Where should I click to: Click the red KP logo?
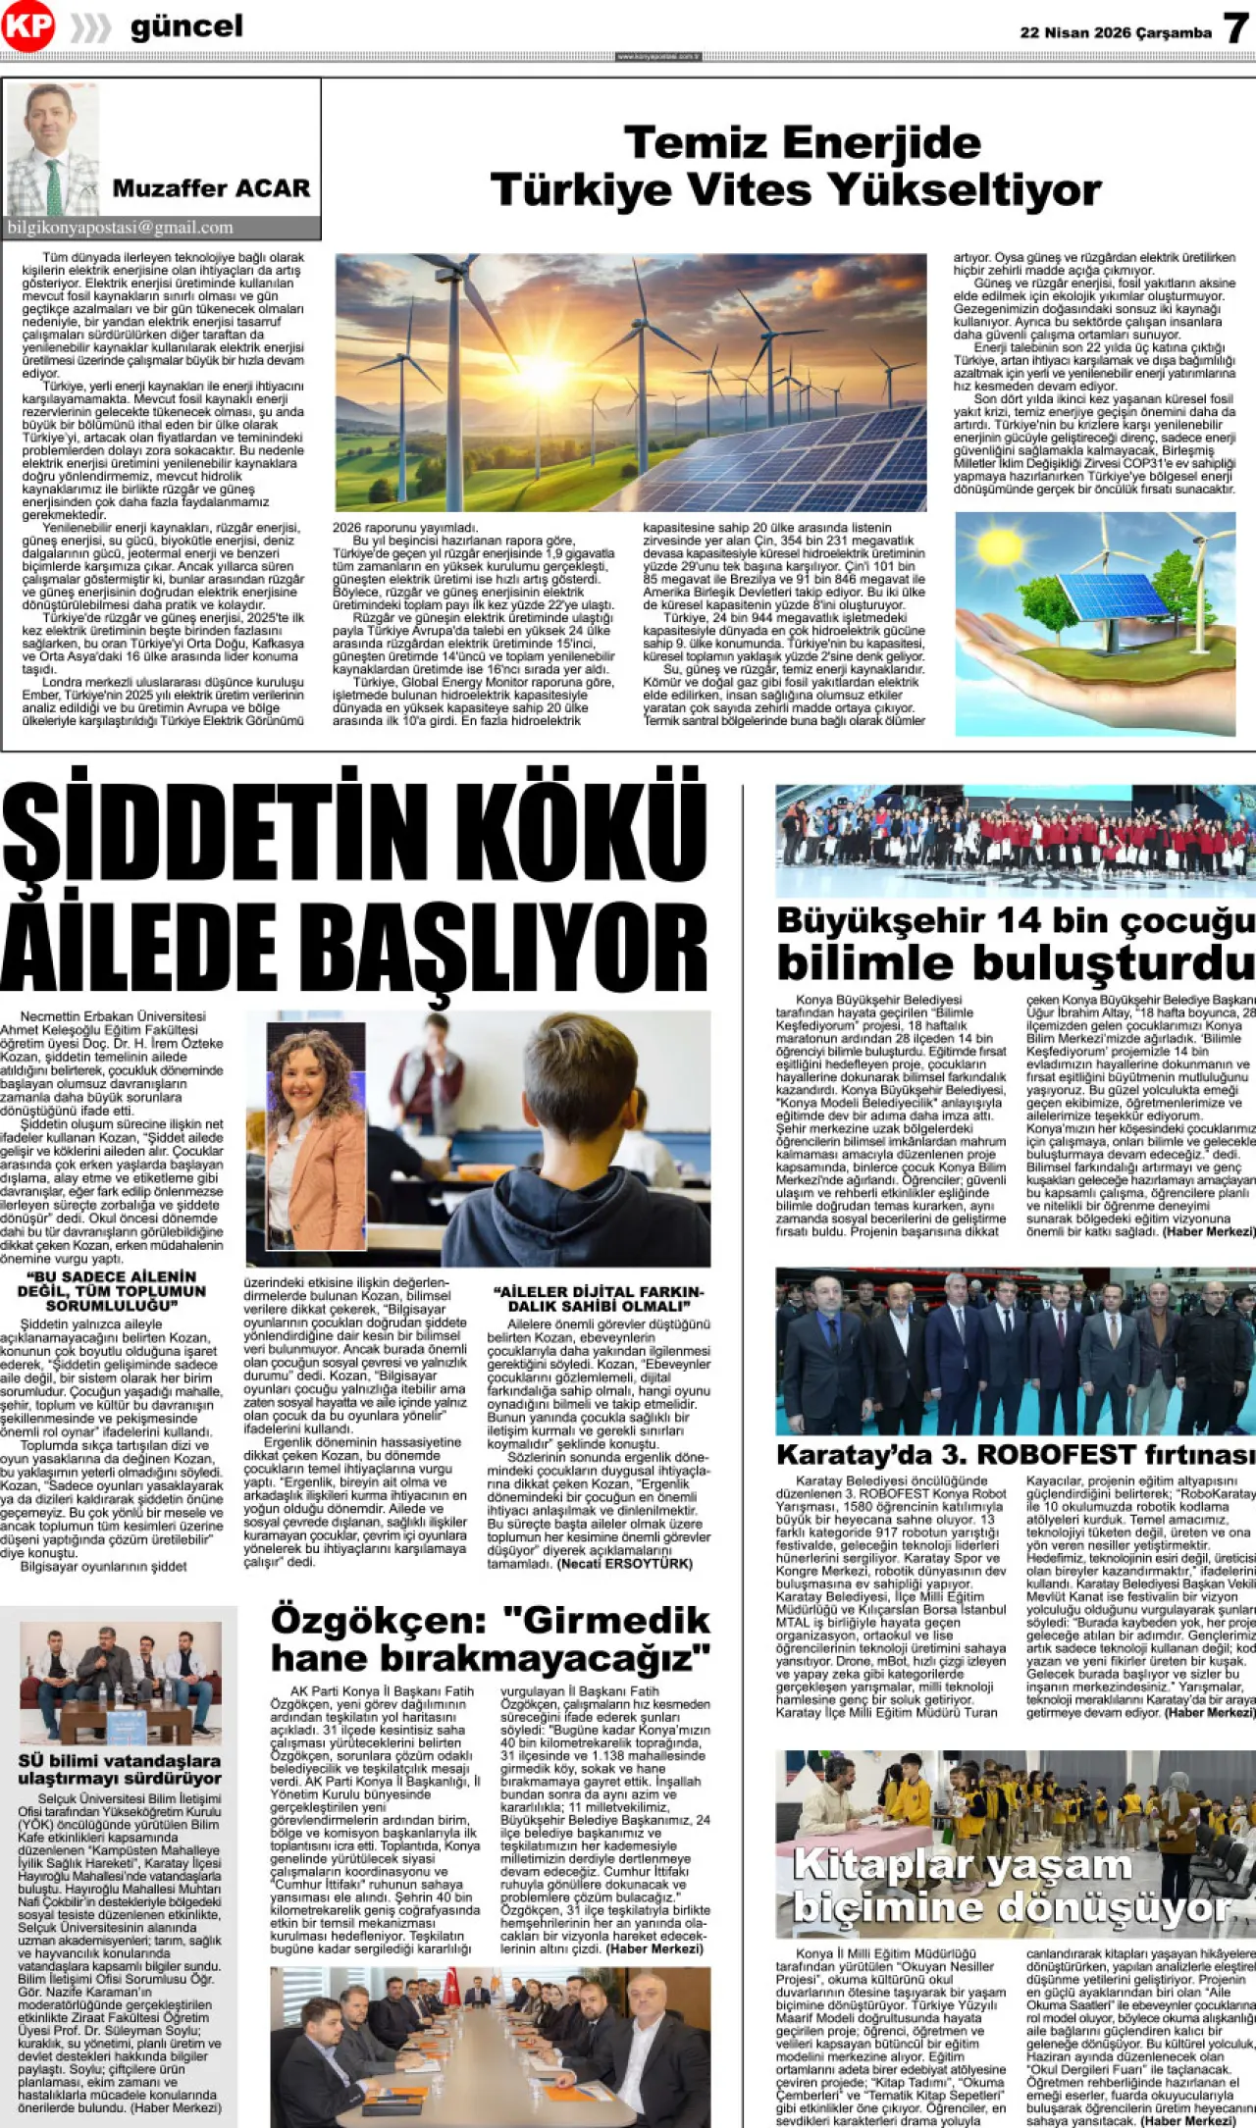point(26,26)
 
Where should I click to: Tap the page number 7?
point(1235,28)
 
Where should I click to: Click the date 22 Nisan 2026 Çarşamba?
point(1116,32)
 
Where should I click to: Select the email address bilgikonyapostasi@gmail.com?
point(120,228)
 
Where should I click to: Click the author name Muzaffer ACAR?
point(211,187)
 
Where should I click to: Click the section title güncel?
point(186,26)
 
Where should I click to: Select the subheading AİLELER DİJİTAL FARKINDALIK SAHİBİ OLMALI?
point(599,1299)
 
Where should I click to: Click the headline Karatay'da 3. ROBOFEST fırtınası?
point(1015,1454)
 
